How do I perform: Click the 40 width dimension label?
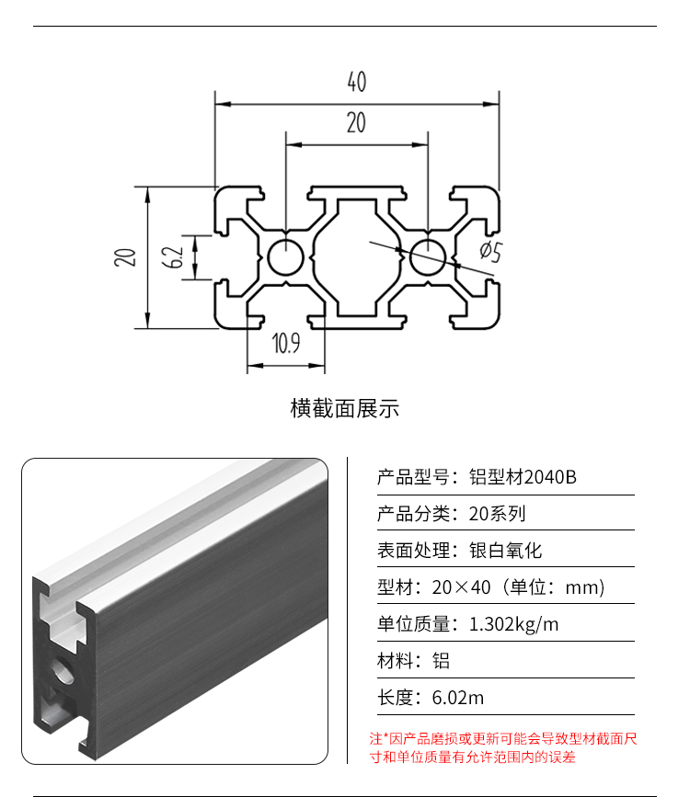357,81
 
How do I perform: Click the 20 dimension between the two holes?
356,122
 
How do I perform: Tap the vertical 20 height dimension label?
125,257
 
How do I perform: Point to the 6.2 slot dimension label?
173,257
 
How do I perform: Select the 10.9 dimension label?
286,343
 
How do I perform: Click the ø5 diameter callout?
491,252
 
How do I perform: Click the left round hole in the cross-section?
285,257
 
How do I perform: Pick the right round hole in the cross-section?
428,257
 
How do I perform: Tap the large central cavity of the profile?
356,257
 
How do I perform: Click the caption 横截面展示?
344,409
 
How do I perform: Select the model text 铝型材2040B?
523,477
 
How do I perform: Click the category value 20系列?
497,513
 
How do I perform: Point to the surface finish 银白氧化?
505,551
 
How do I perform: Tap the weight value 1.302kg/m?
513,624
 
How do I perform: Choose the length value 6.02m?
457,698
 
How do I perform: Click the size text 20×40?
461,587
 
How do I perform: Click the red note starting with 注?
503,747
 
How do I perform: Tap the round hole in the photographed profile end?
62,670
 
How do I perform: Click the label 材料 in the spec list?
395,661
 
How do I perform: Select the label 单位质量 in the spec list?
413,624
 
